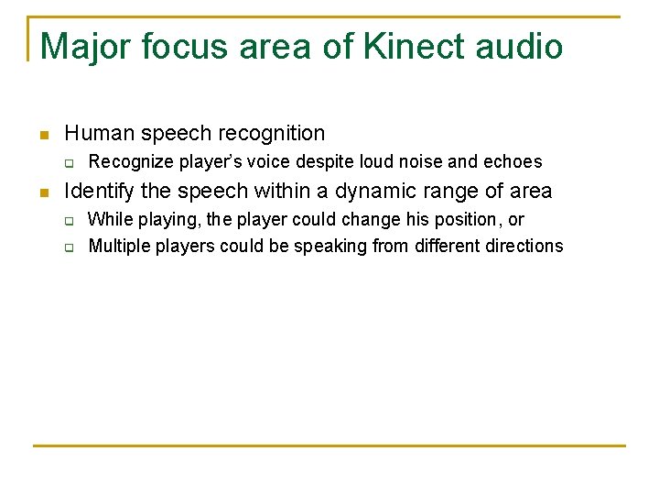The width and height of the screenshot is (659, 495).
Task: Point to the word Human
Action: [97, 133]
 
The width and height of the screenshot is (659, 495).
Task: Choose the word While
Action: [110, 220]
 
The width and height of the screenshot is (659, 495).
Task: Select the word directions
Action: [524, 246]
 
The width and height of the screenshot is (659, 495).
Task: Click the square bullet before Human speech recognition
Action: [42, 135]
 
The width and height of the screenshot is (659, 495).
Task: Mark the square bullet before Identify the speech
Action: [42, 192]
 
